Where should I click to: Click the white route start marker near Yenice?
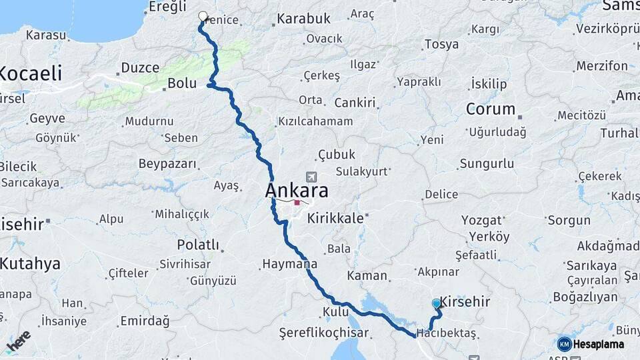coord(203,17)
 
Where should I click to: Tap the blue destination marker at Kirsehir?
coord(436,303)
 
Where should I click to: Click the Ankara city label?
coord(297,191)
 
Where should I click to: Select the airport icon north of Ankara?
coord(311,177)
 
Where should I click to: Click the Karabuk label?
coord(303,19)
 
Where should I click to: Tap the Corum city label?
coord(490,109)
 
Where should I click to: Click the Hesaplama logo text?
coord(598,344)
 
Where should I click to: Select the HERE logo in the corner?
coord(18,341)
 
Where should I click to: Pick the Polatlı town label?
coord(197,245)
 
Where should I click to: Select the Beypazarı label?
coord(167,163)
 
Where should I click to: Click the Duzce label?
coord(140,68)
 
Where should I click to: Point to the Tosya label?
coord(441,45)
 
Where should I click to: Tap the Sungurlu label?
coord(487,163)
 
